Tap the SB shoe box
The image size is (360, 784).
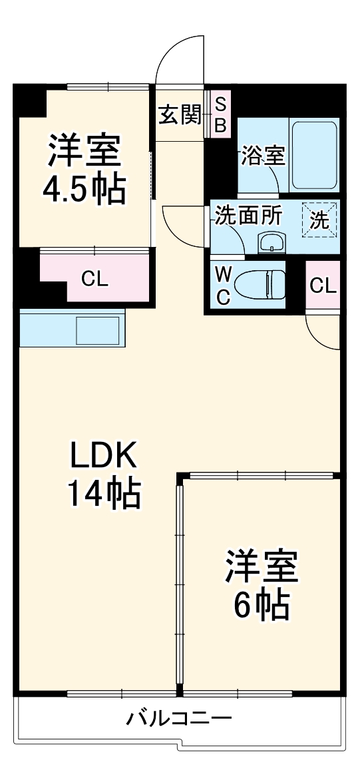click(x=220, y=114)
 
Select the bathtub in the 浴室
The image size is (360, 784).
click(x=315, y=154)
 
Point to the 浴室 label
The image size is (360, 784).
click(x=264, y=156)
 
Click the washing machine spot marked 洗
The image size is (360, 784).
click(x=319, y=220)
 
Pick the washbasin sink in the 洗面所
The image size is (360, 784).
click(x=271, y=244)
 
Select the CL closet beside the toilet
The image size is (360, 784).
click(x=323, y=286)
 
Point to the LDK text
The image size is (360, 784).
click(x=103, y=457)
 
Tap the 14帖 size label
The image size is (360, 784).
click(x=103, y=494)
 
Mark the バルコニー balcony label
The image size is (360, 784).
click(x=179, y=719)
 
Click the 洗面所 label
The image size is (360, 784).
click(x=248, y=215)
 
